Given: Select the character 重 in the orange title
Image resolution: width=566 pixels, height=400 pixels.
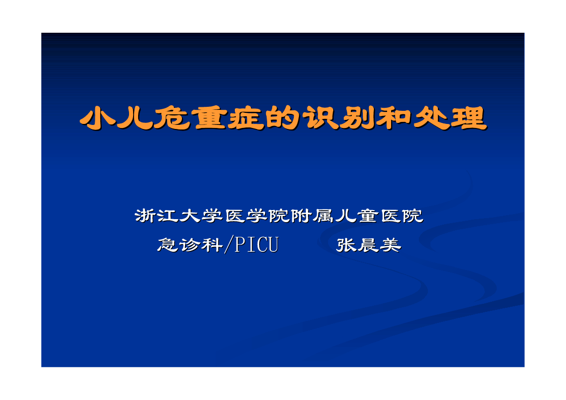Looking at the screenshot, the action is (x=210, y=118).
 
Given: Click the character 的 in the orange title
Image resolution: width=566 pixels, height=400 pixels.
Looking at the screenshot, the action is (x=284, y=118).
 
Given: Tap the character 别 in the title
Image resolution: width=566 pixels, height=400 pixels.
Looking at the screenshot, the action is (x=358, y=118).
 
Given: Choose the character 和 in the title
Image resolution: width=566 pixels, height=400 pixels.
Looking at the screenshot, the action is (x=395, y=118).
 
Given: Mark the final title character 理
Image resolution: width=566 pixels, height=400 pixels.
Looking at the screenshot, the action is (x=469, y=118).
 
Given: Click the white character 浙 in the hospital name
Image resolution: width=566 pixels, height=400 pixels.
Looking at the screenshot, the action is (x=146, y=216).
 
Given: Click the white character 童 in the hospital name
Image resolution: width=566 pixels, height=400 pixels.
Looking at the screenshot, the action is (x=368, y=216).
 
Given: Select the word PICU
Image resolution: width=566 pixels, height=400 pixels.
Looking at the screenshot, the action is (x=257, y=245).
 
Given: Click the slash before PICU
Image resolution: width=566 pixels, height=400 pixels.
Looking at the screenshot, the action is (x=228, y=245).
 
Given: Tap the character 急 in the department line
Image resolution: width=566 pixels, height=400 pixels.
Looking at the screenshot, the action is (x=168, y=245).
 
